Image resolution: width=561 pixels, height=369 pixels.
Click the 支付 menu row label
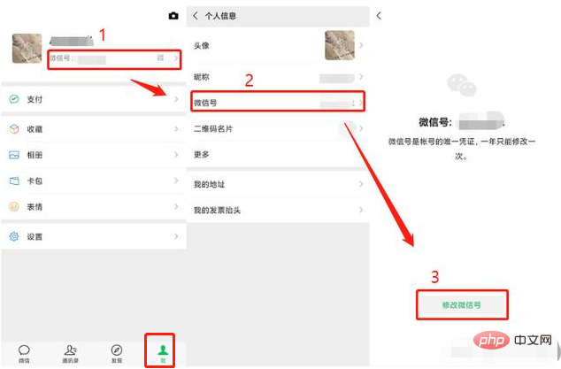coord(36,100)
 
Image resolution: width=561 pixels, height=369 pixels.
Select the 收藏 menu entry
coord(36,129)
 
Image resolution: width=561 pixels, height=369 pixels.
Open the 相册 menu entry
coord(36,155)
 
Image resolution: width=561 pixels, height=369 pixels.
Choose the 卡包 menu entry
coord(36,181)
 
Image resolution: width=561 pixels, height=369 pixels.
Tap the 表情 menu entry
coord(36,206)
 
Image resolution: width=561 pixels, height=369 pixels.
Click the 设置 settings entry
coord(36,237)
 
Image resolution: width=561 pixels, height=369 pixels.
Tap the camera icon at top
coord(173,16)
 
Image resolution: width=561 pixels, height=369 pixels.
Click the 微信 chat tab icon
coord(24,350)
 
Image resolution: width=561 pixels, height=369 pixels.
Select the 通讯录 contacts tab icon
coord(71,350)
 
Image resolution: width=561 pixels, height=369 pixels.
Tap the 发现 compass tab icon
coord(117,350)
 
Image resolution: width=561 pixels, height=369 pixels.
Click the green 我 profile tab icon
coord(163,350)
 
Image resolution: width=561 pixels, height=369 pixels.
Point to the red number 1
coord(103,35)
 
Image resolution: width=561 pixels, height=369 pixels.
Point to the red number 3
coord(434,276)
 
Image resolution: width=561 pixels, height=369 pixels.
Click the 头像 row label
coord(202,45)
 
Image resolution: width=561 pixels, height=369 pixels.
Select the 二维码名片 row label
coord(212,128)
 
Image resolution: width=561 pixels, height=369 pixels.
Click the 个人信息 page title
coord(220,16)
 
